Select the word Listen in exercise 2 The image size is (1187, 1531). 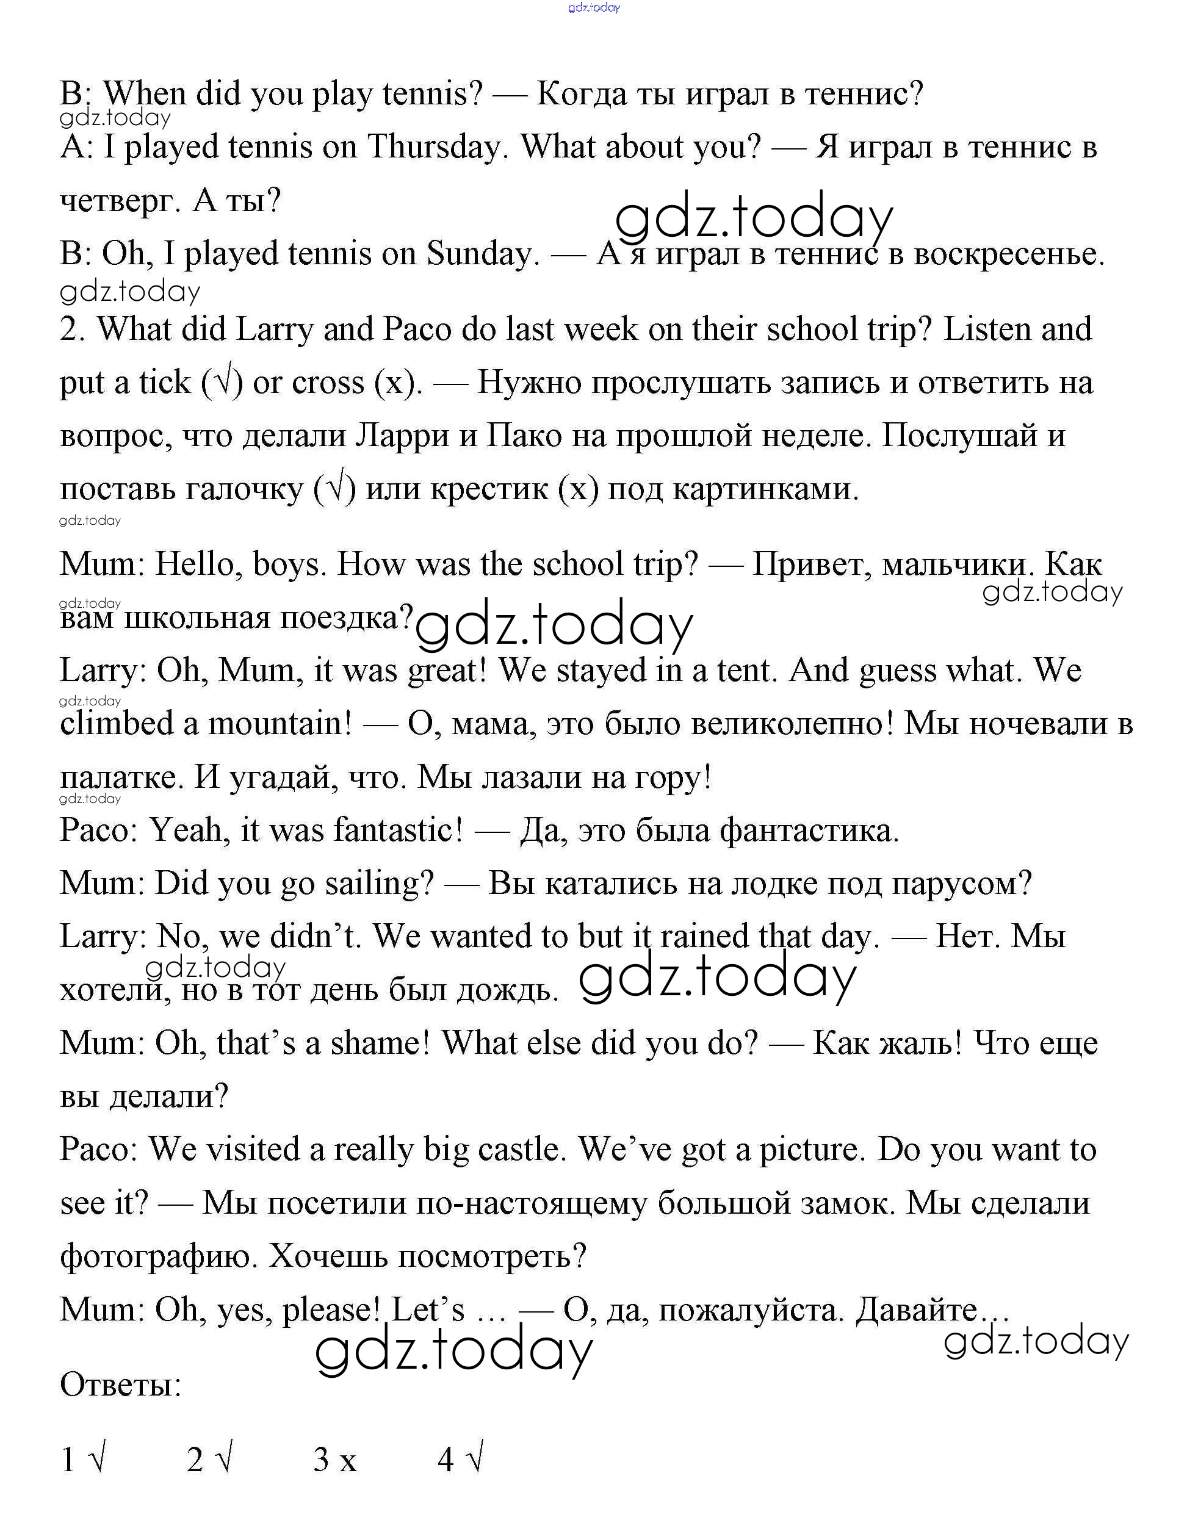tap(988, 330)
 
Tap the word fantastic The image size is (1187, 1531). tap(397, 830)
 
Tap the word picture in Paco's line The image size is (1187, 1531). tap(810, 1150)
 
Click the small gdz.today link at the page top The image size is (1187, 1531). tap(594, 8)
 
